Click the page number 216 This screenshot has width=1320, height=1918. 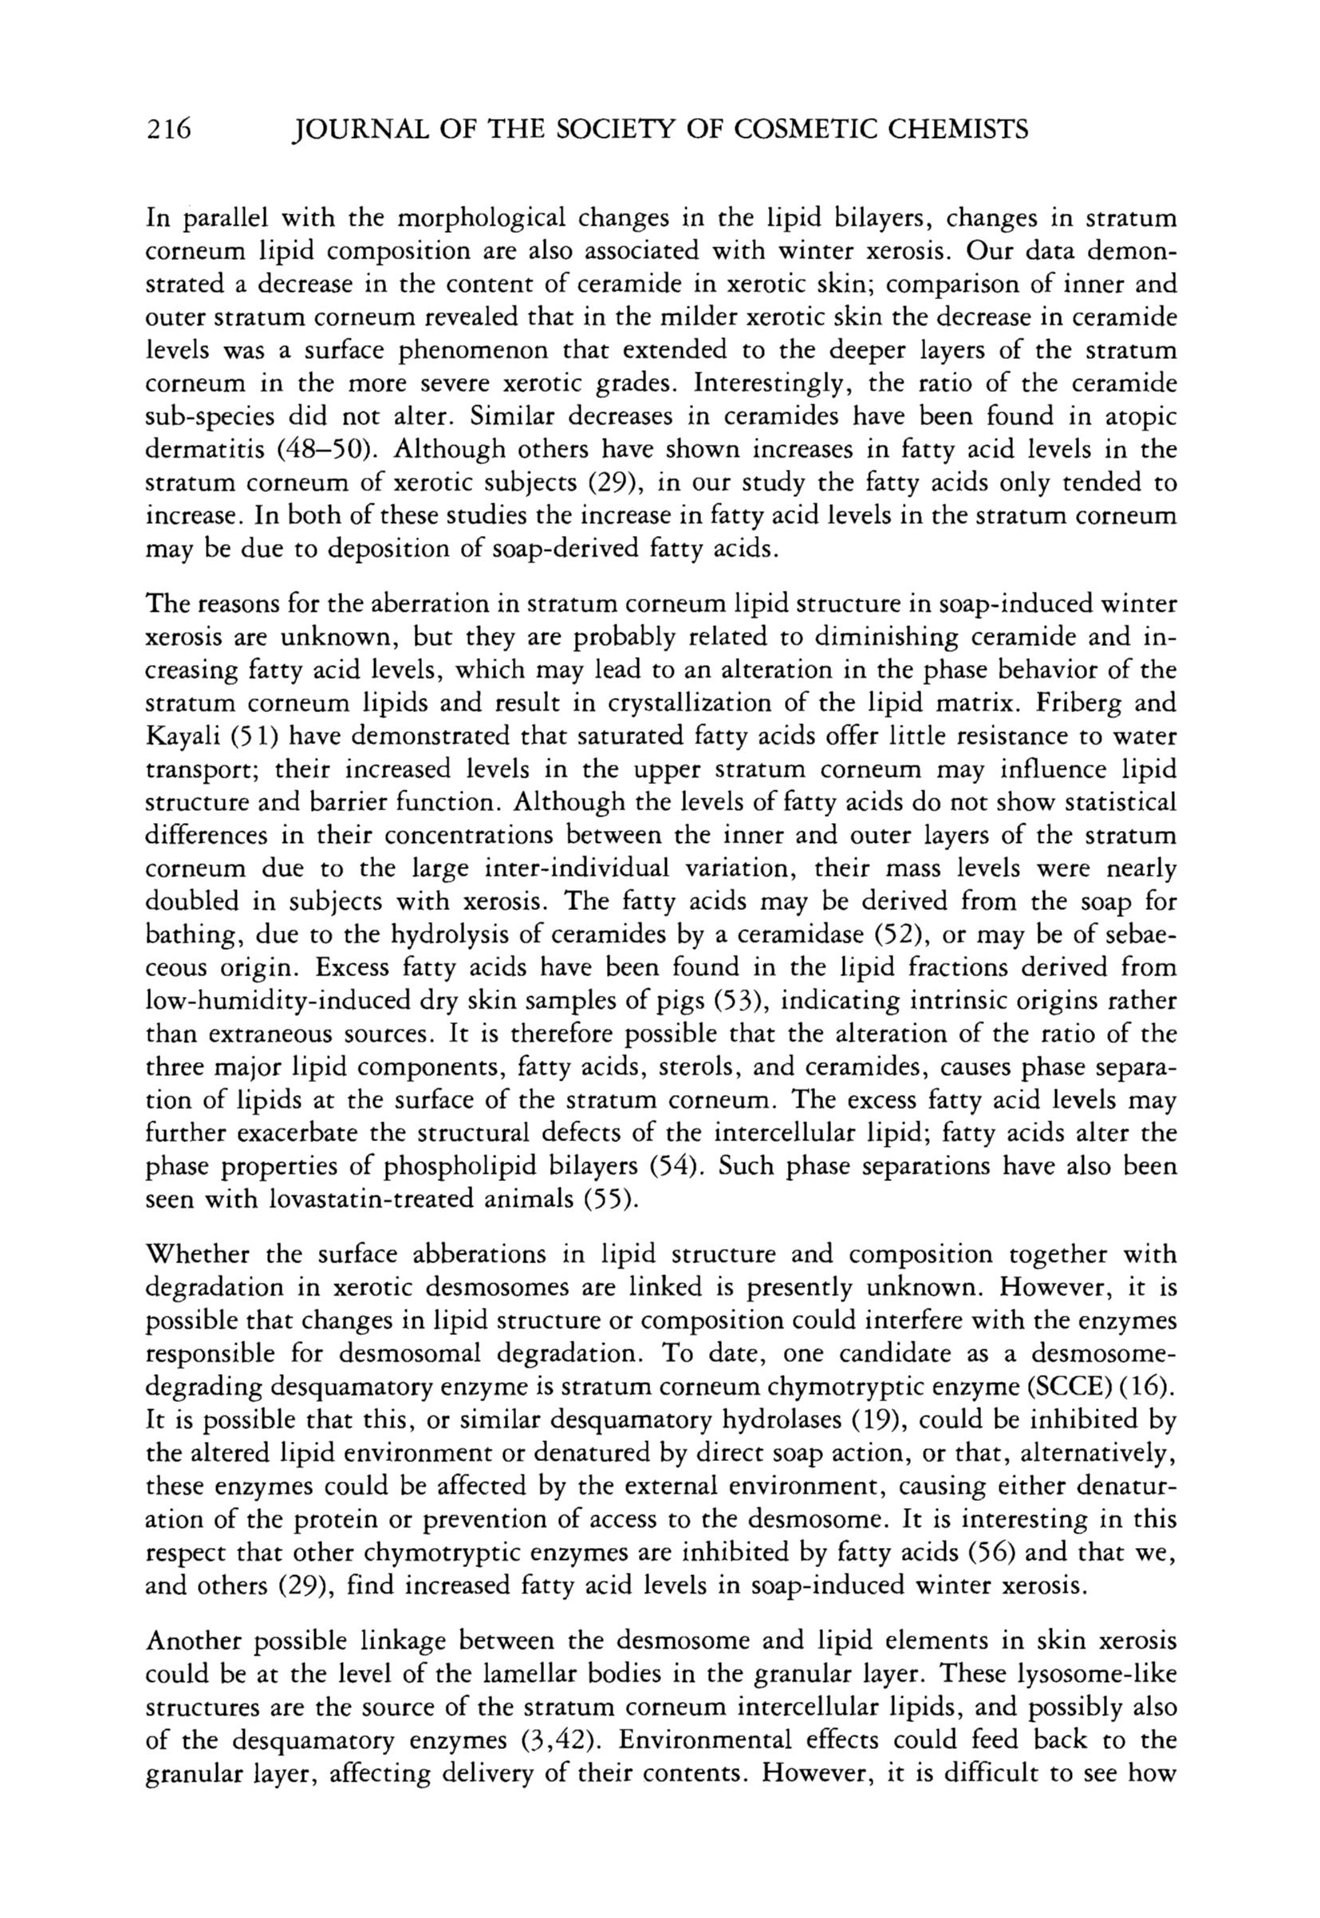pos(168,130)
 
